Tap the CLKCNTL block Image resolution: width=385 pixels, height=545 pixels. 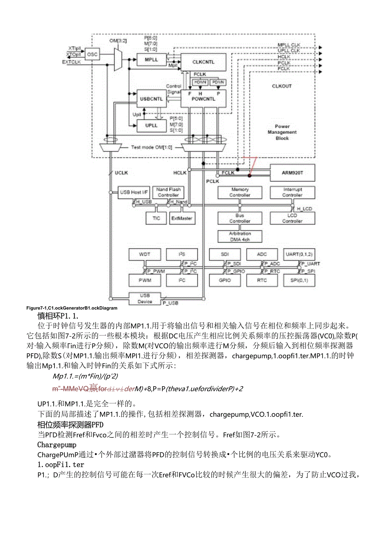pos(203,62)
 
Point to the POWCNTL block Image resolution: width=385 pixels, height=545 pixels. pos(203,98)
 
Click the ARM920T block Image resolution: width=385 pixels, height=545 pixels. pos(293,173)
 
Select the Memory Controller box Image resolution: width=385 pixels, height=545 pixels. pos(240,192)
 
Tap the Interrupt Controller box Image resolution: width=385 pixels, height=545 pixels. pos(292,192)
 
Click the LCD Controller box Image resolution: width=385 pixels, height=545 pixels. pos(292,218)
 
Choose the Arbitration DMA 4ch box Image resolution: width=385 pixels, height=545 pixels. pos(240,236)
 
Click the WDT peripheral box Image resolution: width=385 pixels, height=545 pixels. pos(144,254)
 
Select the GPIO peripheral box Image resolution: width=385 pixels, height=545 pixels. pos(225,280)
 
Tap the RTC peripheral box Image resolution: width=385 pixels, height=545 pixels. pos(262,280)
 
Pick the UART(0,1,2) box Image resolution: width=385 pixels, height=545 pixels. pos(299,254)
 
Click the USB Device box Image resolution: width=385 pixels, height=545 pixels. pos(145,298)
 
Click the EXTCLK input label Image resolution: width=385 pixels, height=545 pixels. pos(72,62)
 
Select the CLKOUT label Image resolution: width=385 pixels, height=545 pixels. pos(282,86)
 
